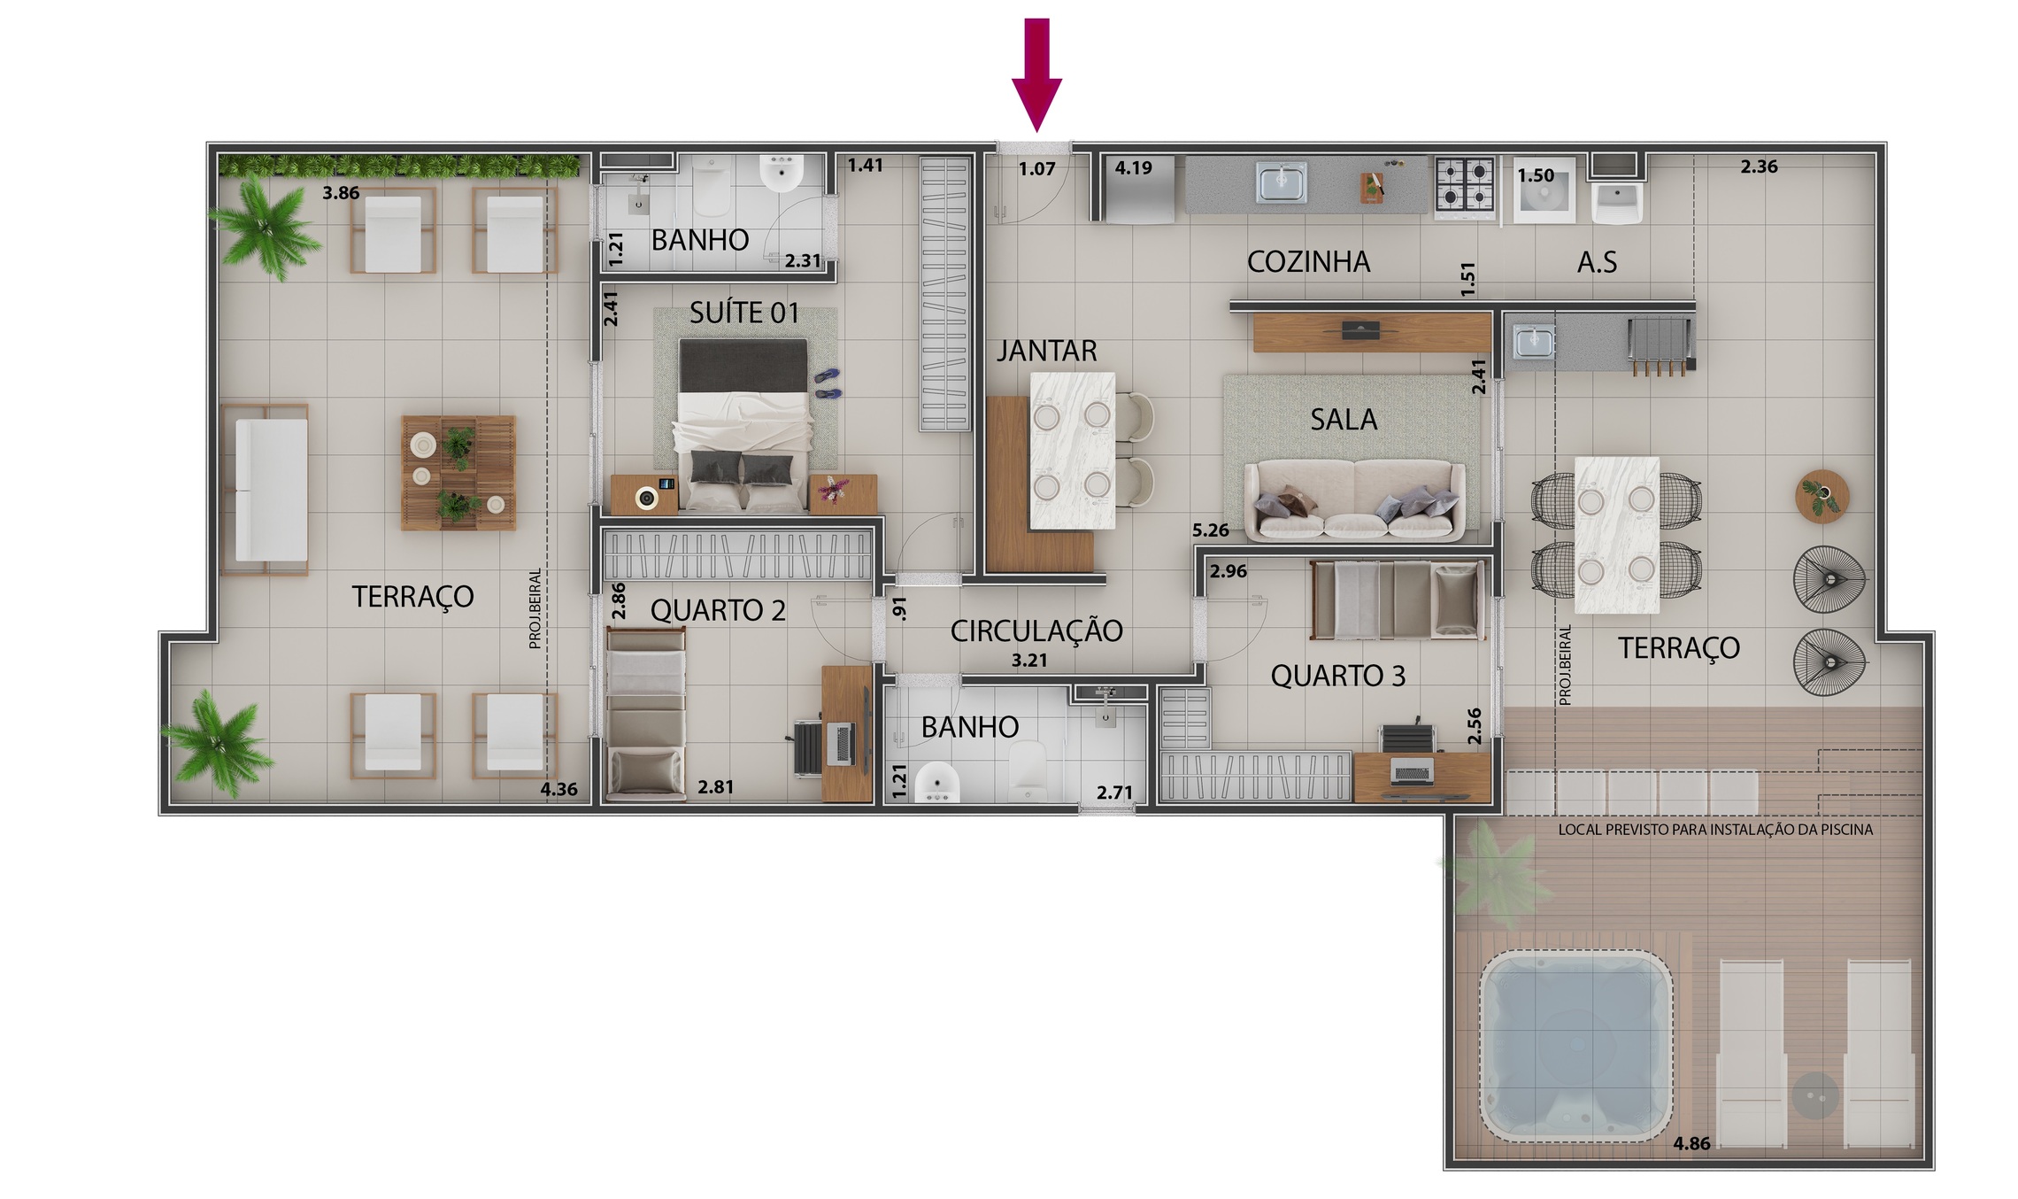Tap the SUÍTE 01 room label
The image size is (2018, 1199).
coord(743,313)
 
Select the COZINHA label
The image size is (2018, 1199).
coord(1308,262)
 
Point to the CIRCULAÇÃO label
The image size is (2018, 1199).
coord(1036,631)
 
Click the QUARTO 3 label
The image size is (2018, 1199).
coord(1337,677)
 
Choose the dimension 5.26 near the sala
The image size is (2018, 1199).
coord(1210,530)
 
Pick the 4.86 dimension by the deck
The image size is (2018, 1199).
coord(1691,1143)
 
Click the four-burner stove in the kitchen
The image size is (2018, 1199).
coord(1465,186)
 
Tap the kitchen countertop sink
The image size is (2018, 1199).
coord(1281,183)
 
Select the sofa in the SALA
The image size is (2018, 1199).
coord(1354,500)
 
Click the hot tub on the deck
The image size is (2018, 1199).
coord(1576,1046)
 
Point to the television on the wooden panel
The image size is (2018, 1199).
coord(1360,331)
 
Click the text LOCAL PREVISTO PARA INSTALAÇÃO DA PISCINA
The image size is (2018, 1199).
coord(1714,830)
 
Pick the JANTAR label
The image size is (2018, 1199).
coord(1046,352)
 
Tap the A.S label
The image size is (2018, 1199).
coord(1597,262)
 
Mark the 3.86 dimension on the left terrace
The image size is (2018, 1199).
coord(341,193)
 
